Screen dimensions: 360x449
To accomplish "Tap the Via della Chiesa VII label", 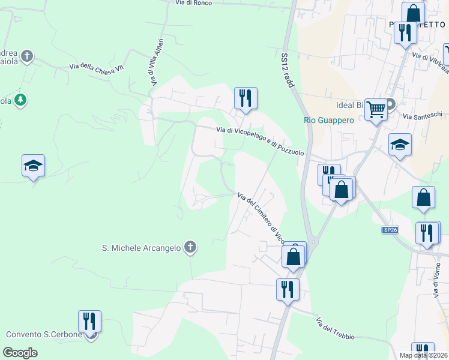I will point(97,68).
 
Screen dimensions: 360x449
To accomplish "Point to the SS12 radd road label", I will point(288,70).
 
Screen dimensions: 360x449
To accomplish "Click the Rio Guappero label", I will point(329,120).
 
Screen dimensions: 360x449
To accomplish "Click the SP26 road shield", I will point(390,230).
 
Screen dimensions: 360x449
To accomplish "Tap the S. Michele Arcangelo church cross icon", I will point(190,247).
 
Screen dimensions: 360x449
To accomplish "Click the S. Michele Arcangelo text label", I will point(141,247).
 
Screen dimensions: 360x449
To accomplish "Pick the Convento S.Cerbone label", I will point(44,334).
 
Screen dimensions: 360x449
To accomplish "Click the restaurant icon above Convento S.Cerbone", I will point(89,321).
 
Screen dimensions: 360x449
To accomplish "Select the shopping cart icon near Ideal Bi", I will point(376,110).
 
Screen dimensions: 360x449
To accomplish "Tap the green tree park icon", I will point(21,100).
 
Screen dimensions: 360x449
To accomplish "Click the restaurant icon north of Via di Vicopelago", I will point(245,98).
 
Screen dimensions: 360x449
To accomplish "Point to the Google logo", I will point(20,353).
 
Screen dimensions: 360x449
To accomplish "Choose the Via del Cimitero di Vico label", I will point(260,215).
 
